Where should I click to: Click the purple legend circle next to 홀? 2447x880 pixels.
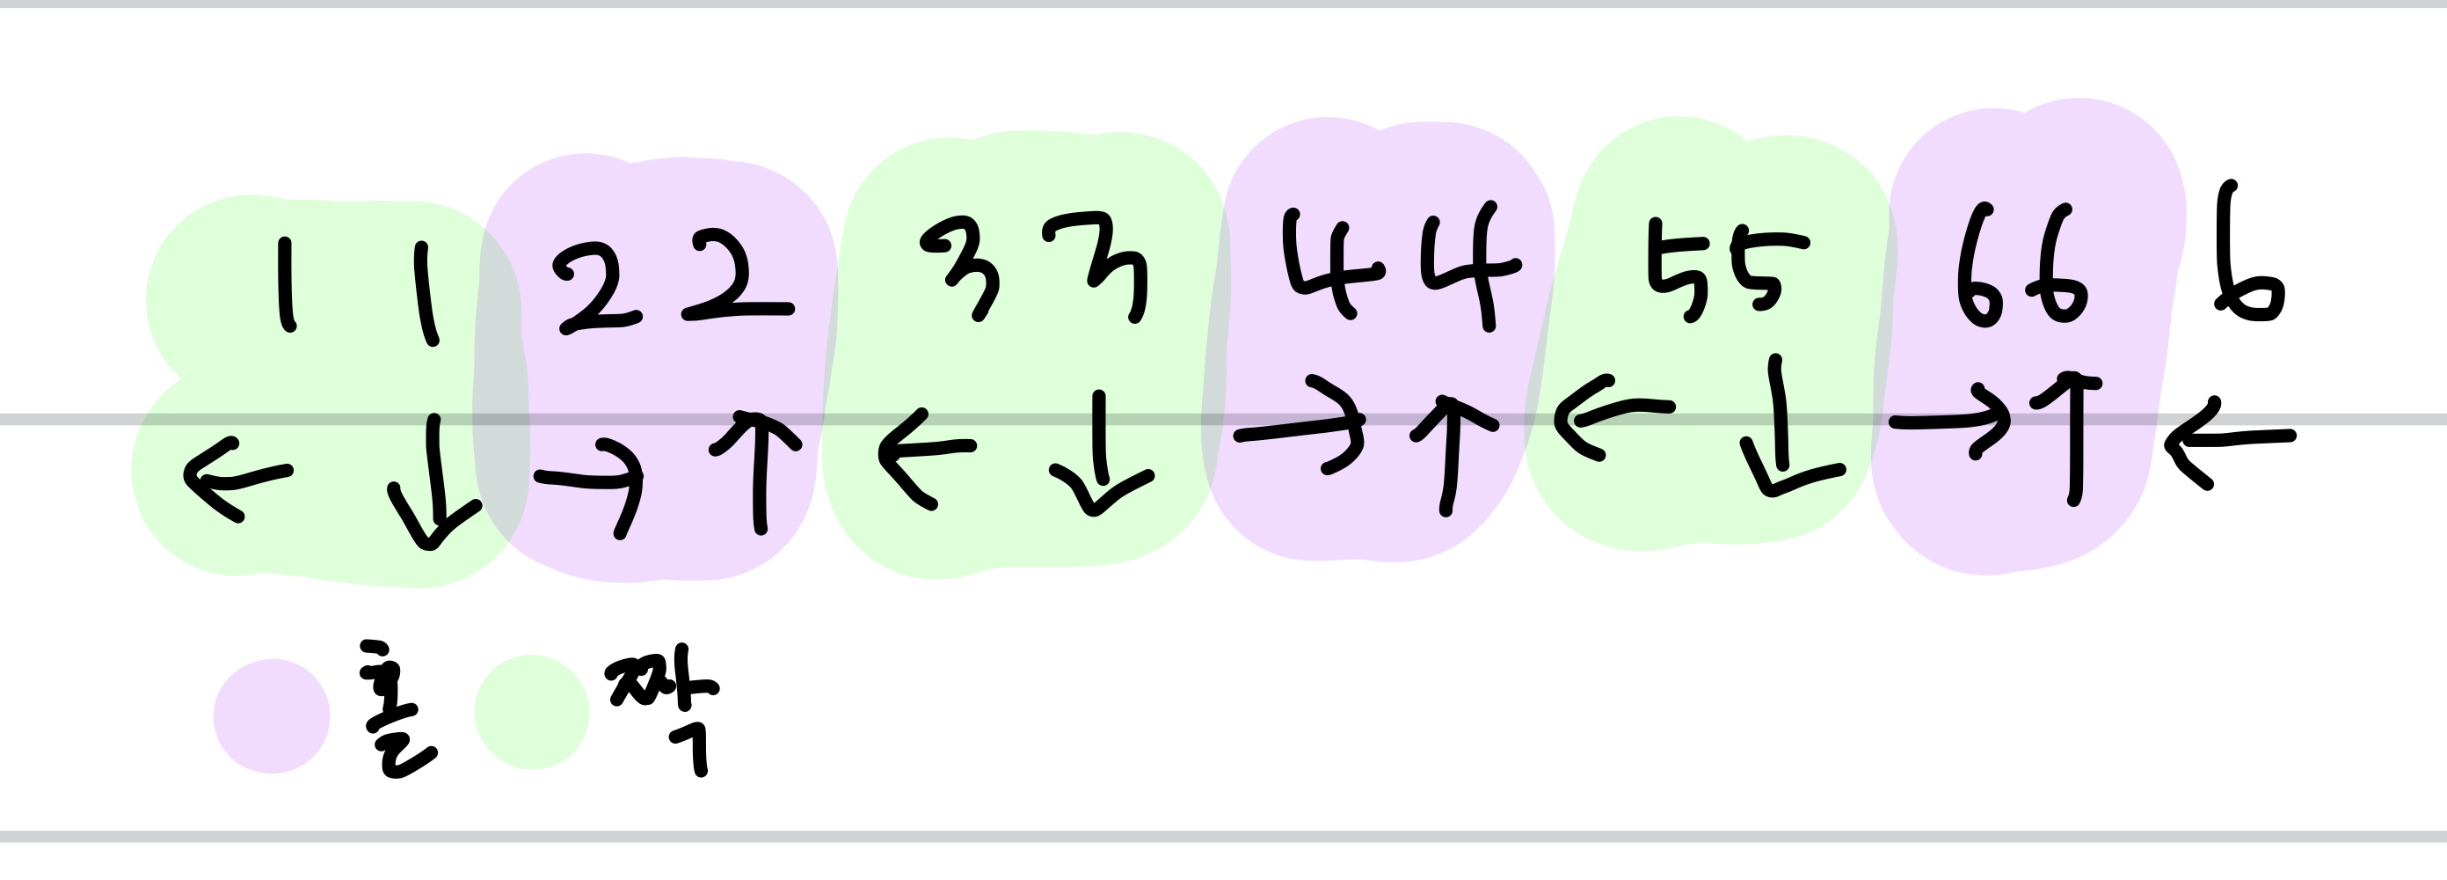tap(272, 715)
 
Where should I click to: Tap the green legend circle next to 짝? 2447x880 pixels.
tap(532, 712)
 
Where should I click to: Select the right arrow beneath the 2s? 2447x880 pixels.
tap(593, 480)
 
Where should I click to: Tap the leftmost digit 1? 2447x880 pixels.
tap(286, 285)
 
